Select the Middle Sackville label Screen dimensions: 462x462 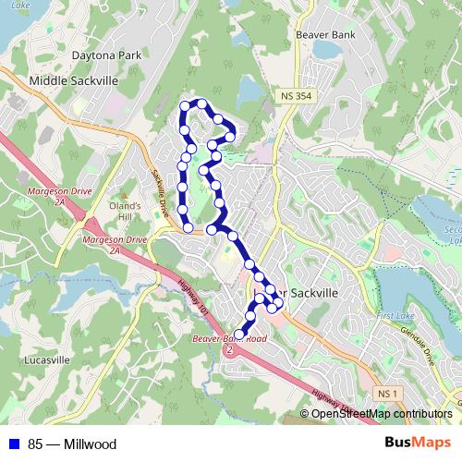pos(74,81)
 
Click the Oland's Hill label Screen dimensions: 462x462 pos(126,211)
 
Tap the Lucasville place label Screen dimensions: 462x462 pos(43,359)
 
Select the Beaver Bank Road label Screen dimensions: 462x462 pos(232,341)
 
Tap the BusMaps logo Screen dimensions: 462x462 pos(415,444)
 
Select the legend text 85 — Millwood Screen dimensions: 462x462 pos(72,444)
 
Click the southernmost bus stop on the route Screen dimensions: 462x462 pos(240,334)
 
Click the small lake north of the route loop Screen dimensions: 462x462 pos(249,91)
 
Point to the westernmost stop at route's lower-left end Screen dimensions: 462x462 pos(188,227)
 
